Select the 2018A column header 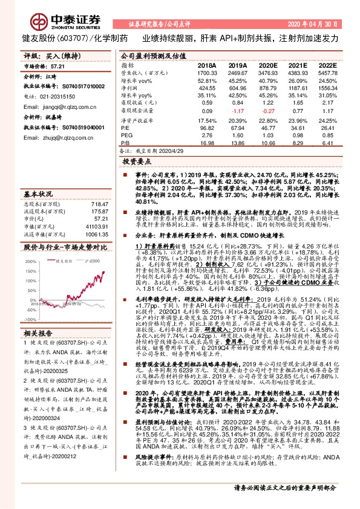(207, 65)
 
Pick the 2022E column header (327, 65)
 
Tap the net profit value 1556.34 (327, 88)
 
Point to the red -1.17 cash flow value (238, 111)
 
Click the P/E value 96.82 (208, 128)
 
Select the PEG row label (126, 135)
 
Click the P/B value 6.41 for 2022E (328, 143)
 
